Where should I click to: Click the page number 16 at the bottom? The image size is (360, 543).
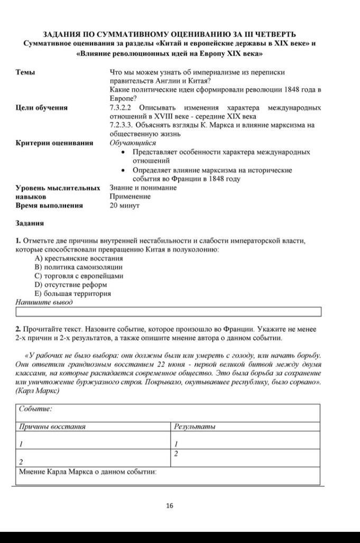(169, 505)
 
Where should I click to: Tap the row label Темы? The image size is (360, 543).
(25, 72)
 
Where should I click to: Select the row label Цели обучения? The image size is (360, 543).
(42, 108)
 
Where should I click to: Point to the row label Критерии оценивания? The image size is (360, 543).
(54, 143)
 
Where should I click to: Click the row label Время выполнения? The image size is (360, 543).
(49, 205)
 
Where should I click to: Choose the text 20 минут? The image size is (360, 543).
(124, 205)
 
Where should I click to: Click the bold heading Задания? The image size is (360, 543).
(30, 223)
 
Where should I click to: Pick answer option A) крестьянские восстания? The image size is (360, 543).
(79, 258)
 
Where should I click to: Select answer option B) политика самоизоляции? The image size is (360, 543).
(79, 267)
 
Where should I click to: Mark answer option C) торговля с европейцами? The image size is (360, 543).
(79, 276)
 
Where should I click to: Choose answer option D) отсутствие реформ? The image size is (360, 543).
(72, 285)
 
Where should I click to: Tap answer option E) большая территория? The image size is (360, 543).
(73, 294)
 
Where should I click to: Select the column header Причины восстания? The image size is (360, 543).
(52, 426)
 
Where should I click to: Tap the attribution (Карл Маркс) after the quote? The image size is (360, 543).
(38, 391)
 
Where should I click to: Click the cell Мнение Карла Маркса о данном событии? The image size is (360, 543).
(88, 471)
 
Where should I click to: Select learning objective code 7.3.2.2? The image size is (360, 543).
(120, 108)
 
